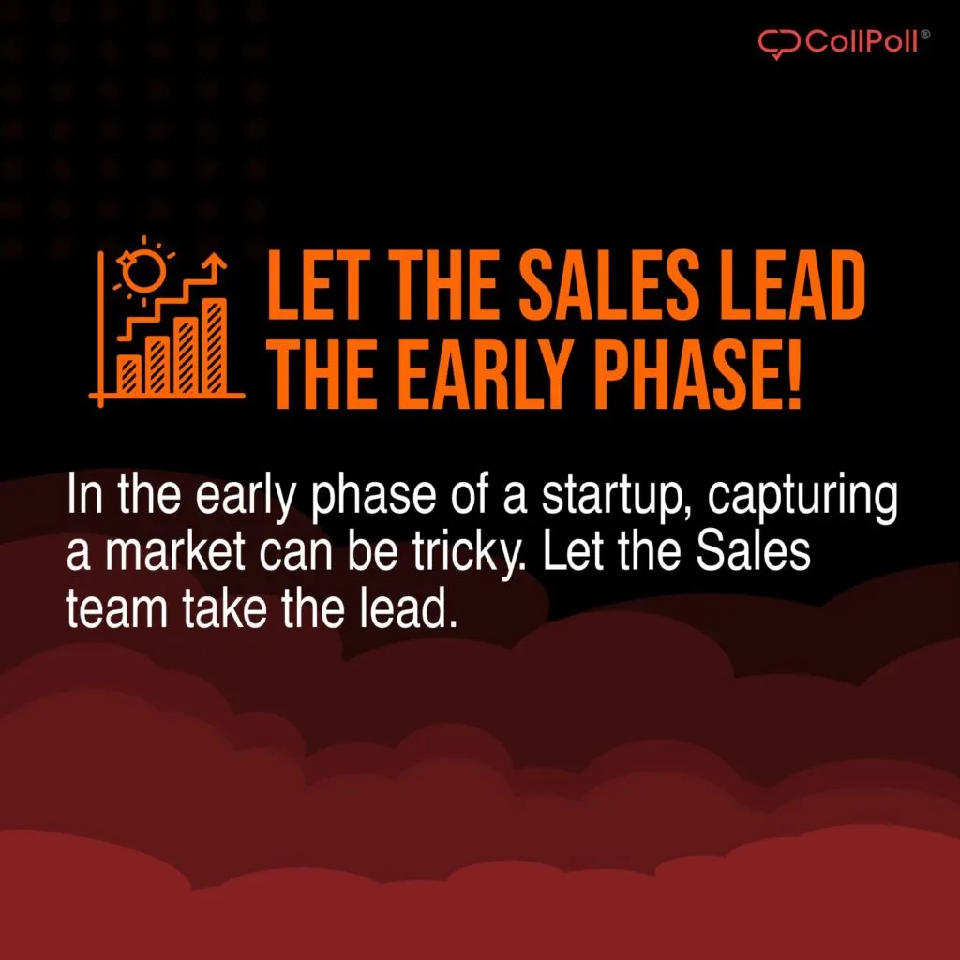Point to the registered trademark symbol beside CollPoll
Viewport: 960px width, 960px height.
[926, 34]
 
